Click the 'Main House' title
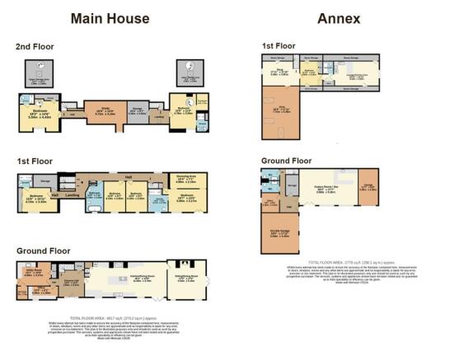pos(110,18)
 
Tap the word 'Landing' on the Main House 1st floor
pos(72,195)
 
